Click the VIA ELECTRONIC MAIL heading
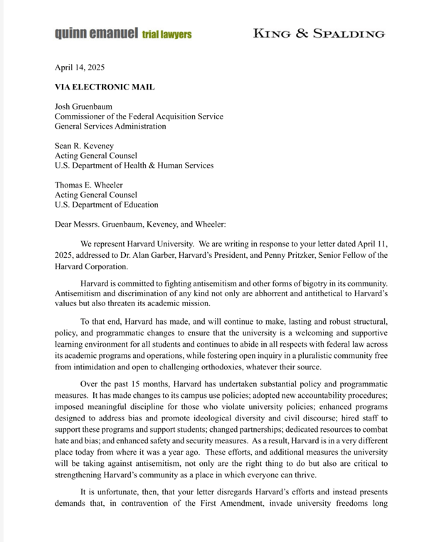(105, 87)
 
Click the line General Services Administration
(110, 126)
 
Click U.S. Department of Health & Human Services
(134, 166)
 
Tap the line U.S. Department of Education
(106, 205)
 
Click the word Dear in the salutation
(65, 224)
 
